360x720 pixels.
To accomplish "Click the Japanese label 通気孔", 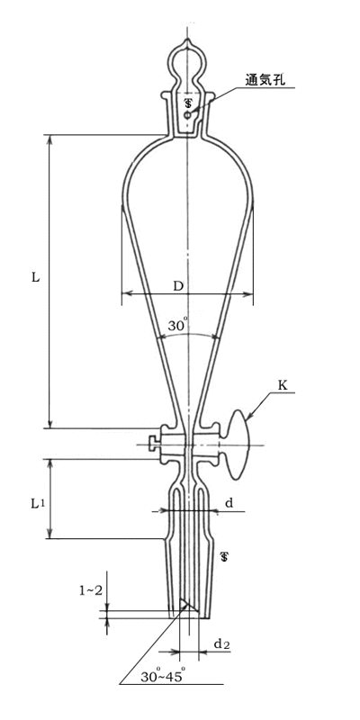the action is [x=266, y=80].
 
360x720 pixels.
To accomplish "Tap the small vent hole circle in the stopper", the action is [x=187, y=115].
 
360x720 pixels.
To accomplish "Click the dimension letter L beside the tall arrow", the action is [x=36, y=277].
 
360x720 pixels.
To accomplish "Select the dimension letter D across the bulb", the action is [x=178, y=286].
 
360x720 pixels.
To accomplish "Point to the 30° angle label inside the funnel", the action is [x=176, y=326].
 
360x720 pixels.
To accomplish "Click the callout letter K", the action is [x=283, y=386].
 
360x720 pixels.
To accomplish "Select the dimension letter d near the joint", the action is [x=229, y=503].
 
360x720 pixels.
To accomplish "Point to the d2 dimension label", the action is [x=221, y=644].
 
